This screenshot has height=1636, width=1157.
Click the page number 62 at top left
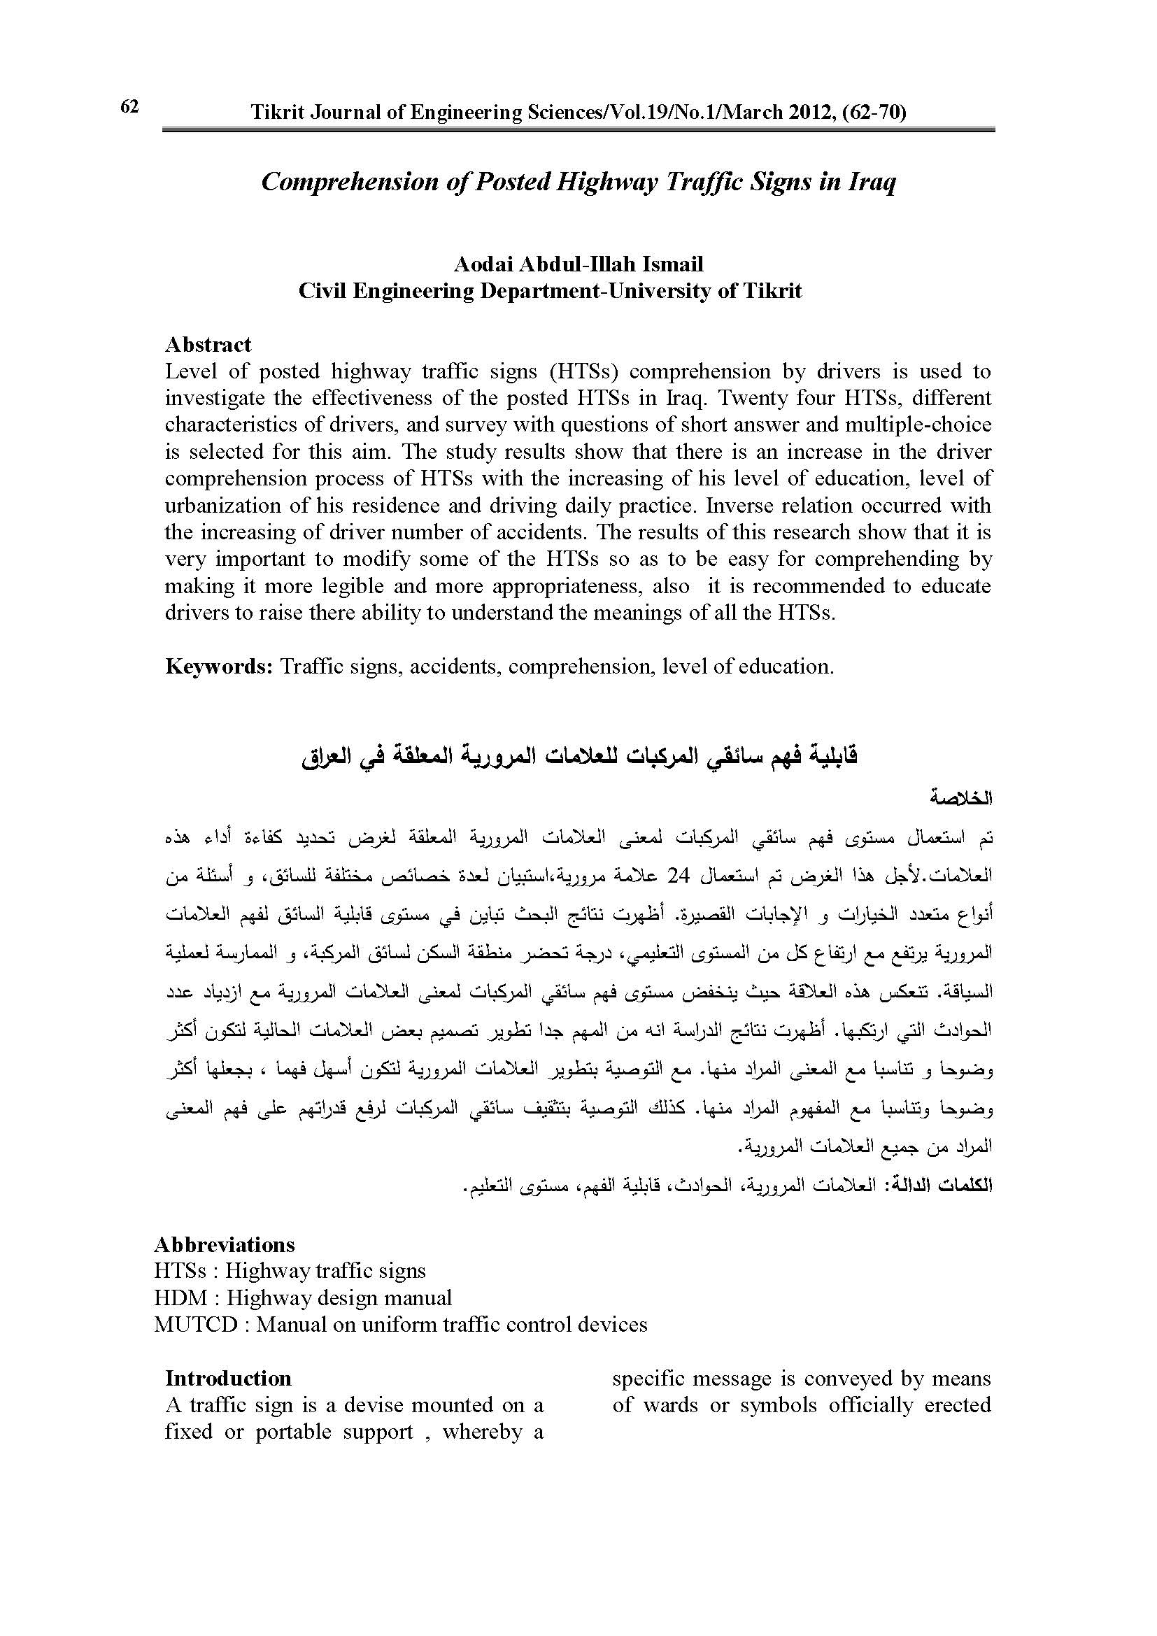click(129, 107)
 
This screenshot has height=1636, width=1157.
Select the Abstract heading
click(208, 345)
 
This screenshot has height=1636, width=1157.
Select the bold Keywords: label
click(220, 667)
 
